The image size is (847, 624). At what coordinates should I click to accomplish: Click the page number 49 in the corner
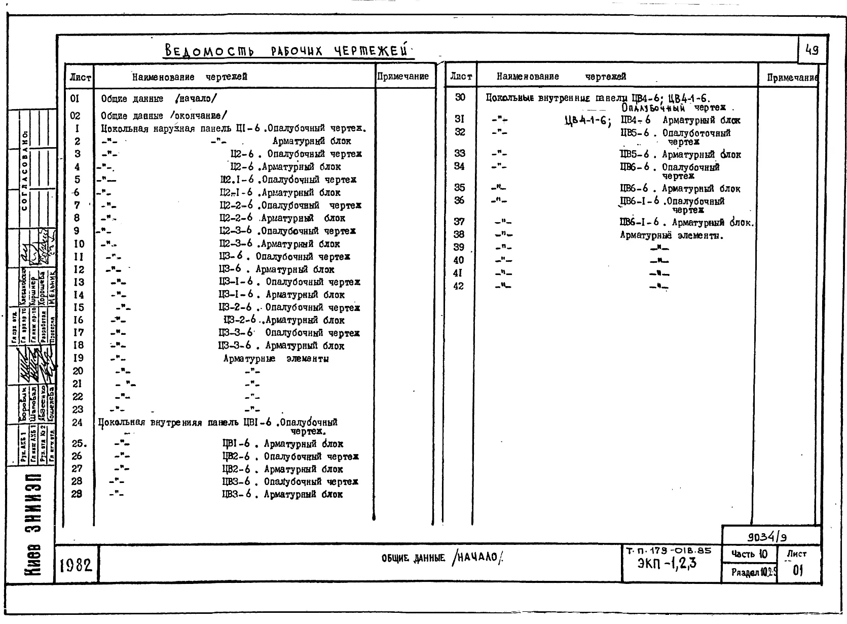812,50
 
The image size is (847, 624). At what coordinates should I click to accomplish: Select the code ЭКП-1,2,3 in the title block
667,564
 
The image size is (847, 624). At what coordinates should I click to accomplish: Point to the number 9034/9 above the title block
767,536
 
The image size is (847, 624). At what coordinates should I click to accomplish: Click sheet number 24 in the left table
77,422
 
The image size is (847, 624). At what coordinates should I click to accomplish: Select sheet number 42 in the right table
459,286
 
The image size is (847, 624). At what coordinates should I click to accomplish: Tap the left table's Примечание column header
403,77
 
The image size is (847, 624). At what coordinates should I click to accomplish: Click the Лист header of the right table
461,77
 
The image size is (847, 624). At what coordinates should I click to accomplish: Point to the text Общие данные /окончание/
164,116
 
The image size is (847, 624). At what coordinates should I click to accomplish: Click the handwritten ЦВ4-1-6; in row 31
587,121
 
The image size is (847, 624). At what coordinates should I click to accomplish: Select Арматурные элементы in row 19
276,359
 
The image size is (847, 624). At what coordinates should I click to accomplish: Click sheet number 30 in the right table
460,97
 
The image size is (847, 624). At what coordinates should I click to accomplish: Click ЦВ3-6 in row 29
236,494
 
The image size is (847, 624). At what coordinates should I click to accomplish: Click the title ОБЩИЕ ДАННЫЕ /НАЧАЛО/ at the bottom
442,559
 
